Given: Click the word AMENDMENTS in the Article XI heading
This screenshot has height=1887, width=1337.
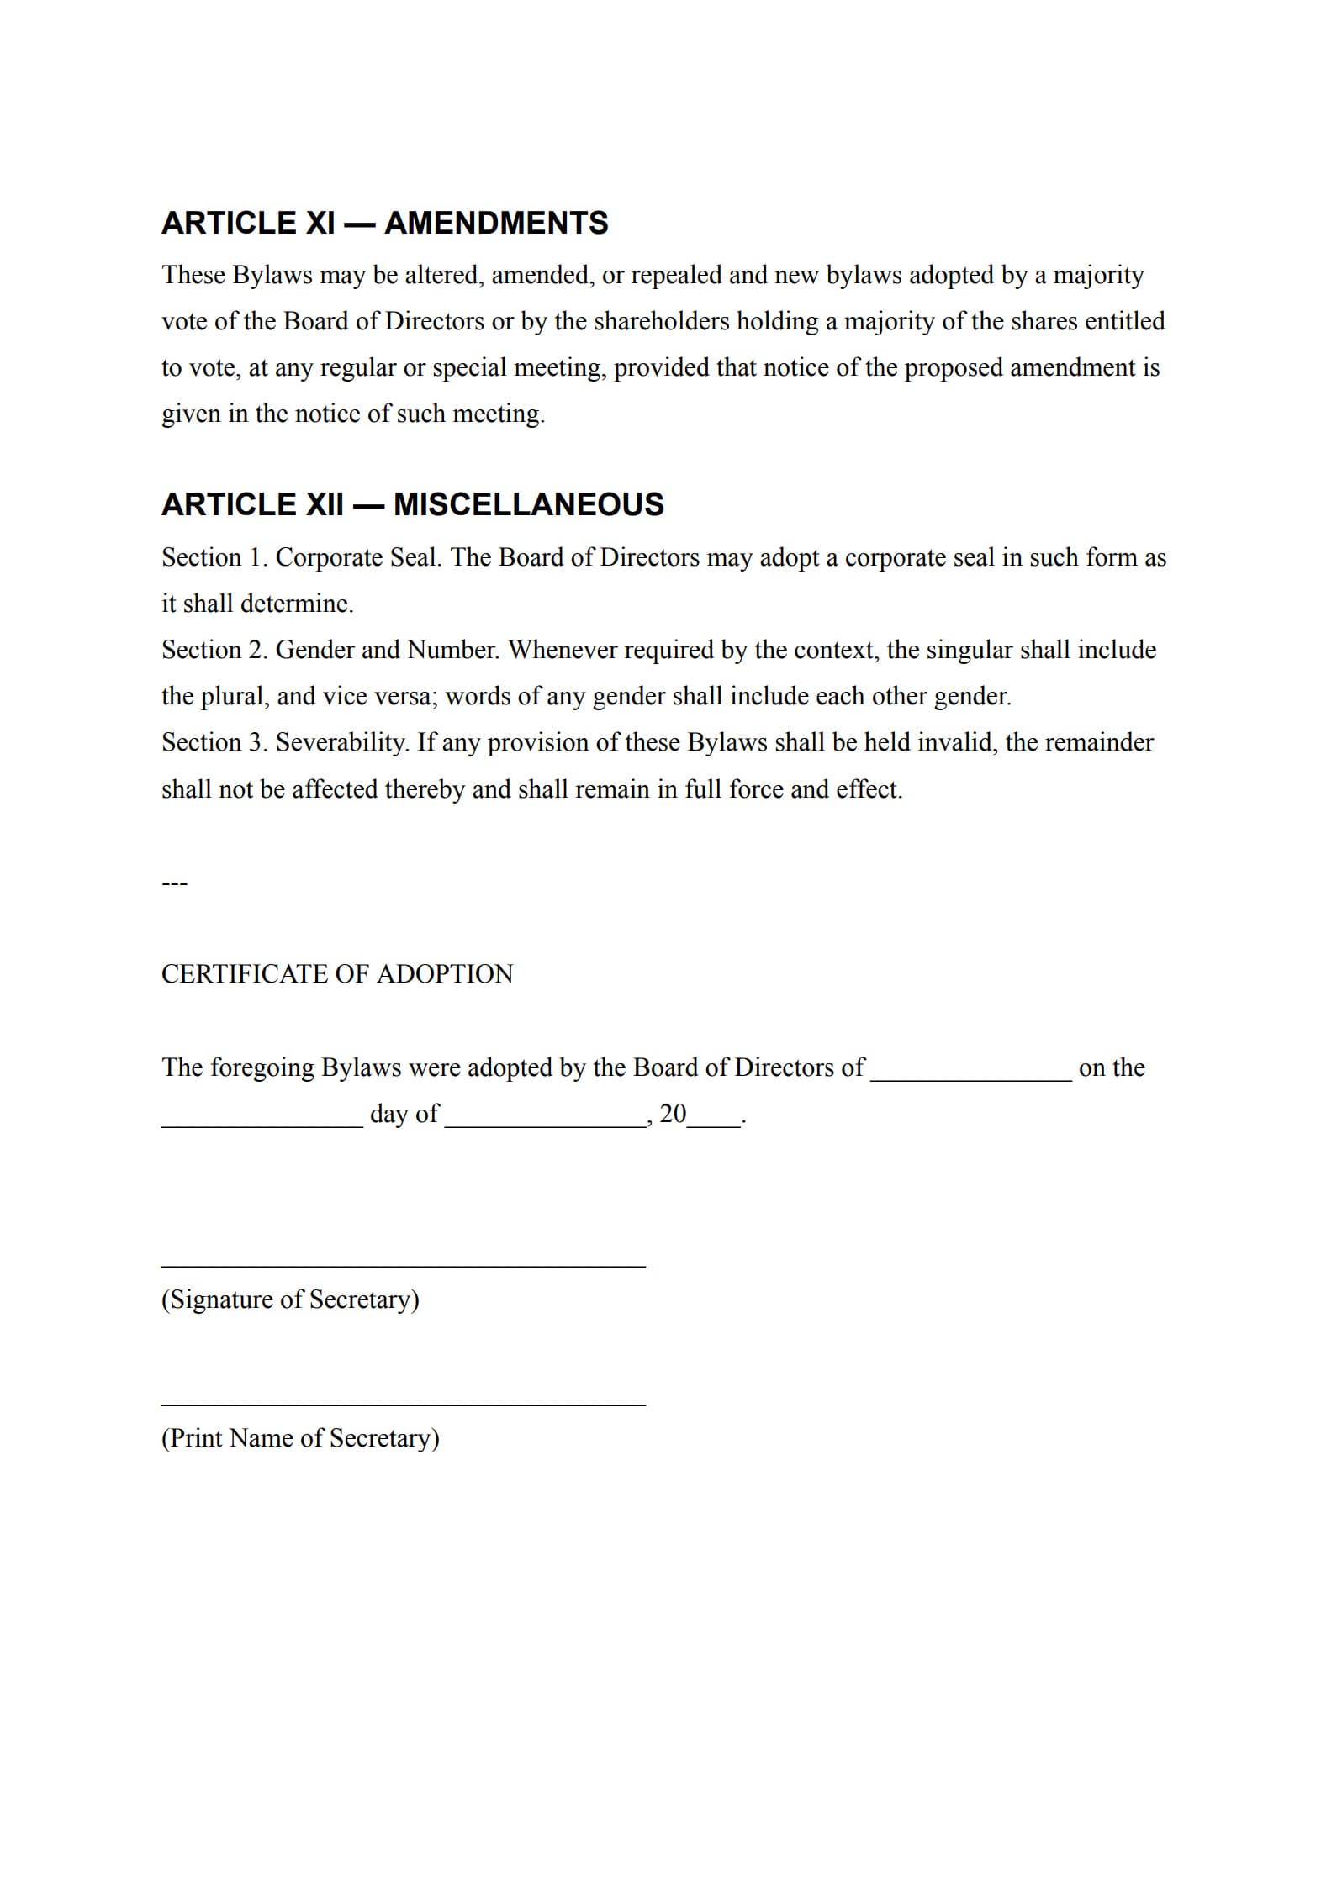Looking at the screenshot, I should (x=496, y=223).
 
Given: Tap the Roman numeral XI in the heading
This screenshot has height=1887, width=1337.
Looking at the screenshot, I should (x=319, y=223).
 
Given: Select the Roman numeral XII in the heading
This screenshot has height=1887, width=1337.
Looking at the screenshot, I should (x=323, y=504).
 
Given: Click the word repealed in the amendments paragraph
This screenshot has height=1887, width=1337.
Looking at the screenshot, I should (x=675, y=276).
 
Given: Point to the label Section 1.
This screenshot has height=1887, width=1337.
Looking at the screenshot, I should (x=214, y=557).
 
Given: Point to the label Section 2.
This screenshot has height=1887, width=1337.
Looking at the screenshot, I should (x=214, y=650).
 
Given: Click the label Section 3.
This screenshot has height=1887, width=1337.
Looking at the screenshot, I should (x=214, y=742).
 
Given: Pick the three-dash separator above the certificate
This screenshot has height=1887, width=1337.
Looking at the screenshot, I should (x=174, y=883).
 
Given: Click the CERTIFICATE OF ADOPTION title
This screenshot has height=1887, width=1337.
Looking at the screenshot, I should (x=337, y=974).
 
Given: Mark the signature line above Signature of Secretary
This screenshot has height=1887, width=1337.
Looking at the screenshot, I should (x=403, y=1265).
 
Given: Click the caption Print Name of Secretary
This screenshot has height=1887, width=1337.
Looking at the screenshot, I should (x=300, y=1438).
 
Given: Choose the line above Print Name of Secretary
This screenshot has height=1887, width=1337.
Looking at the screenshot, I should (x=403, y=1404).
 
